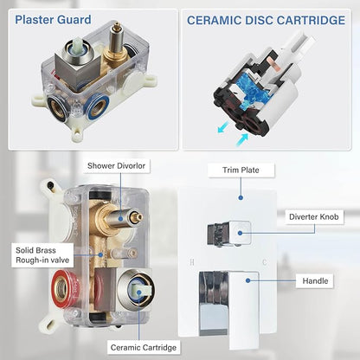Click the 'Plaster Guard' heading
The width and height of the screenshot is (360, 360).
53,20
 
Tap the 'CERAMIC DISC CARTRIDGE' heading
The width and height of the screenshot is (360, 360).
266,21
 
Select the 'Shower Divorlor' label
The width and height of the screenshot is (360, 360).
117,166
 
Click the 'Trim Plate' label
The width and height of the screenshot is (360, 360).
241,170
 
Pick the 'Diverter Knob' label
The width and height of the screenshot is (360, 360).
314,217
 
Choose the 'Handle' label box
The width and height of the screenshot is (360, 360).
315,280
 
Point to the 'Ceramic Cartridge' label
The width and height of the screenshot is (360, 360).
144,347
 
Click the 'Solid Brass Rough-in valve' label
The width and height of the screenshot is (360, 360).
42,255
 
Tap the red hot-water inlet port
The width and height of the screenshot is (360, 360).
61,287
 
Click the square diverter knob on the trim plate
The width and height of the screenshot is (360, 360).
229,234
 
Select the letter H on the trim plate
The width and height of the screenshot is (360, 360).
192,262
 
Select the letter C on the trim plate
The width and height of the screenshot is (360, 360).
265,262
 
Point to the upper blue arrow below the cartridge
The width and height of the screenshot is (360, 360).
223,127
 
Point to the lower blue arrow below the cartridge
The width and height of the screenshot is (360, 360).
241,140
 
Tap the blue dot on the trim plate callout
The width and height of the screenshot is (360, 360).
241,197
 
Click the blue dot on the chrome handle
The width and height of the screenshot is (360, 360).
248,280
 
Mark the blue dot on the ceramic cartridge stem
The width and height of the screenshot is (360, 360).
138,292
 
